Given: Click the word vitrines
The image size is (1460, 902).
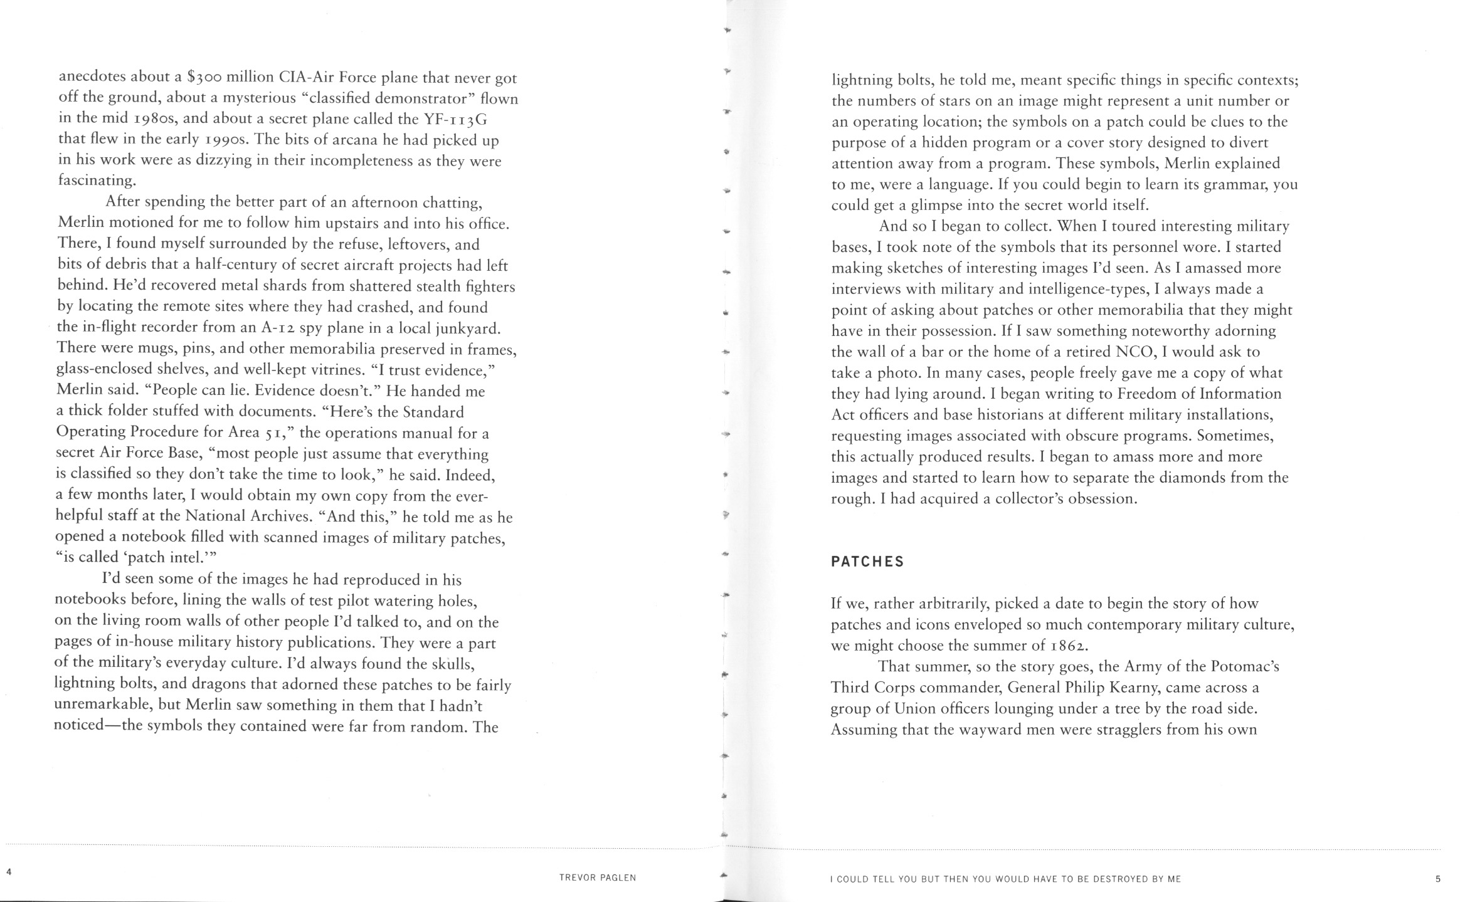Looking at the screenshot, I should coord(337,369).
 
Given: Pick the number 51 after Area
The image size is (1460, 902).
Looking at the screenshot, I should coord(274,433).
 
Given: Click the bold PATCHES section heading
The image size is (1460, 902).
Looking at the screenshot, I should coord(867,562).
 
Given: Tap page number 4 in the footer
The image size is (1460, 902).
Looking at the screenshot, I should coord(8,872).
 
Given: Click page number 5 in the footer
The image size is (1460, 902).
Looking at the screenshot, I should coord(1437,879).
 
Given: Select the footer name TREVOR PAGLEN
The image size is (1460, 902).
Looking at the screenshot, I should coord(598,878).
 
